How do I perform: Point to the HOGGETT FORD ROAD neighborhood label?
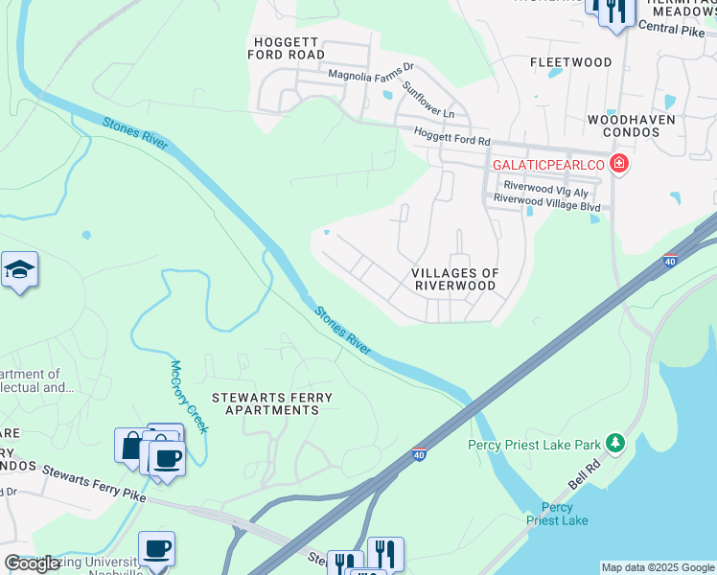point(289,48)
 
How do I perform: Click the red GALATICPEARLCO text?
point(547,165)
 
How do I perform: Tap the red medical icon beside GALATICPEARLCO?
point(619,164)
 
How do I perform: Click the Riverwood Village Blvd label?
point(546,205)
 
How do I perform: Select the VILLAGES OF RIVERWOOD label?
point(455,279)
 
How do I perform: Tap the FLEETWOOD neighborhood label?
point(571,62)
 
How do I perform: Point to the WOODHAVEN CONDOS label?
point(632,126)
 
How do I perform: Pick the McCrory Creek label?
point(189,396)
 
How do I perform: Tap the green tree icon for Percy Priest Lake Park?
point(614,443)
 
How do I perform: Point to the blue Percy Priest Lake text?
point(557,514)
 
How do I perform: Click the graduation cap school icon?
point(19,272)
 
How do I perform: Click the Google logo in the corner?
point(33,563)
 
